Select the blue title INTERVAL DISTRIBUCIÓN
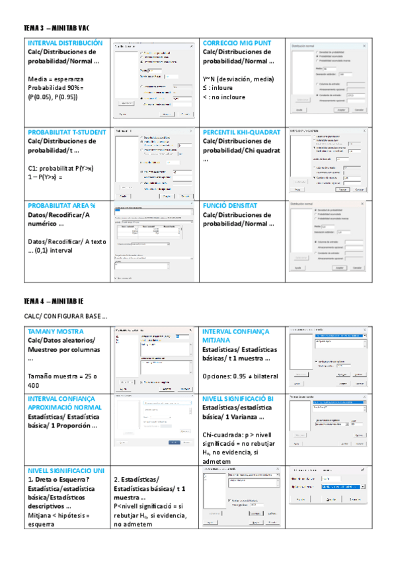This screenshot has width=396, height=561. tap(65, 42)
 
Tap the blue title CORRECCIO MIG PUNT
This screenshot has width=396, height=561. tap(235, 42)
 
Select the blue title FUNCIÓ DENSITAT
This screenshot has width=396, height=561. tap(229, 206)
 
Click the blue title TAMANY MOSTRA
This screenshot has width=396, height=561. tap(55, 331)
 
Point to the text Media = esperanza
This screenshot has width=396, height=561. tap(56, 78)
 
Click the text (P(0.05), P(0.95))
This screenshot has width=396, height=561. tap(53, 97)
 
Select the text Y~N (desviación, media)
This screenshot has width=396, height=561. tap(239, 78)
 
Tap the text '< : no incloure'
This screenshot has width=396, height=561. tap(224, 97)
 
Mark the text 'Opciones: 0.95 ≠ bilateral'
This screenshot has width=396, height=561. tap(240, 376)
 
